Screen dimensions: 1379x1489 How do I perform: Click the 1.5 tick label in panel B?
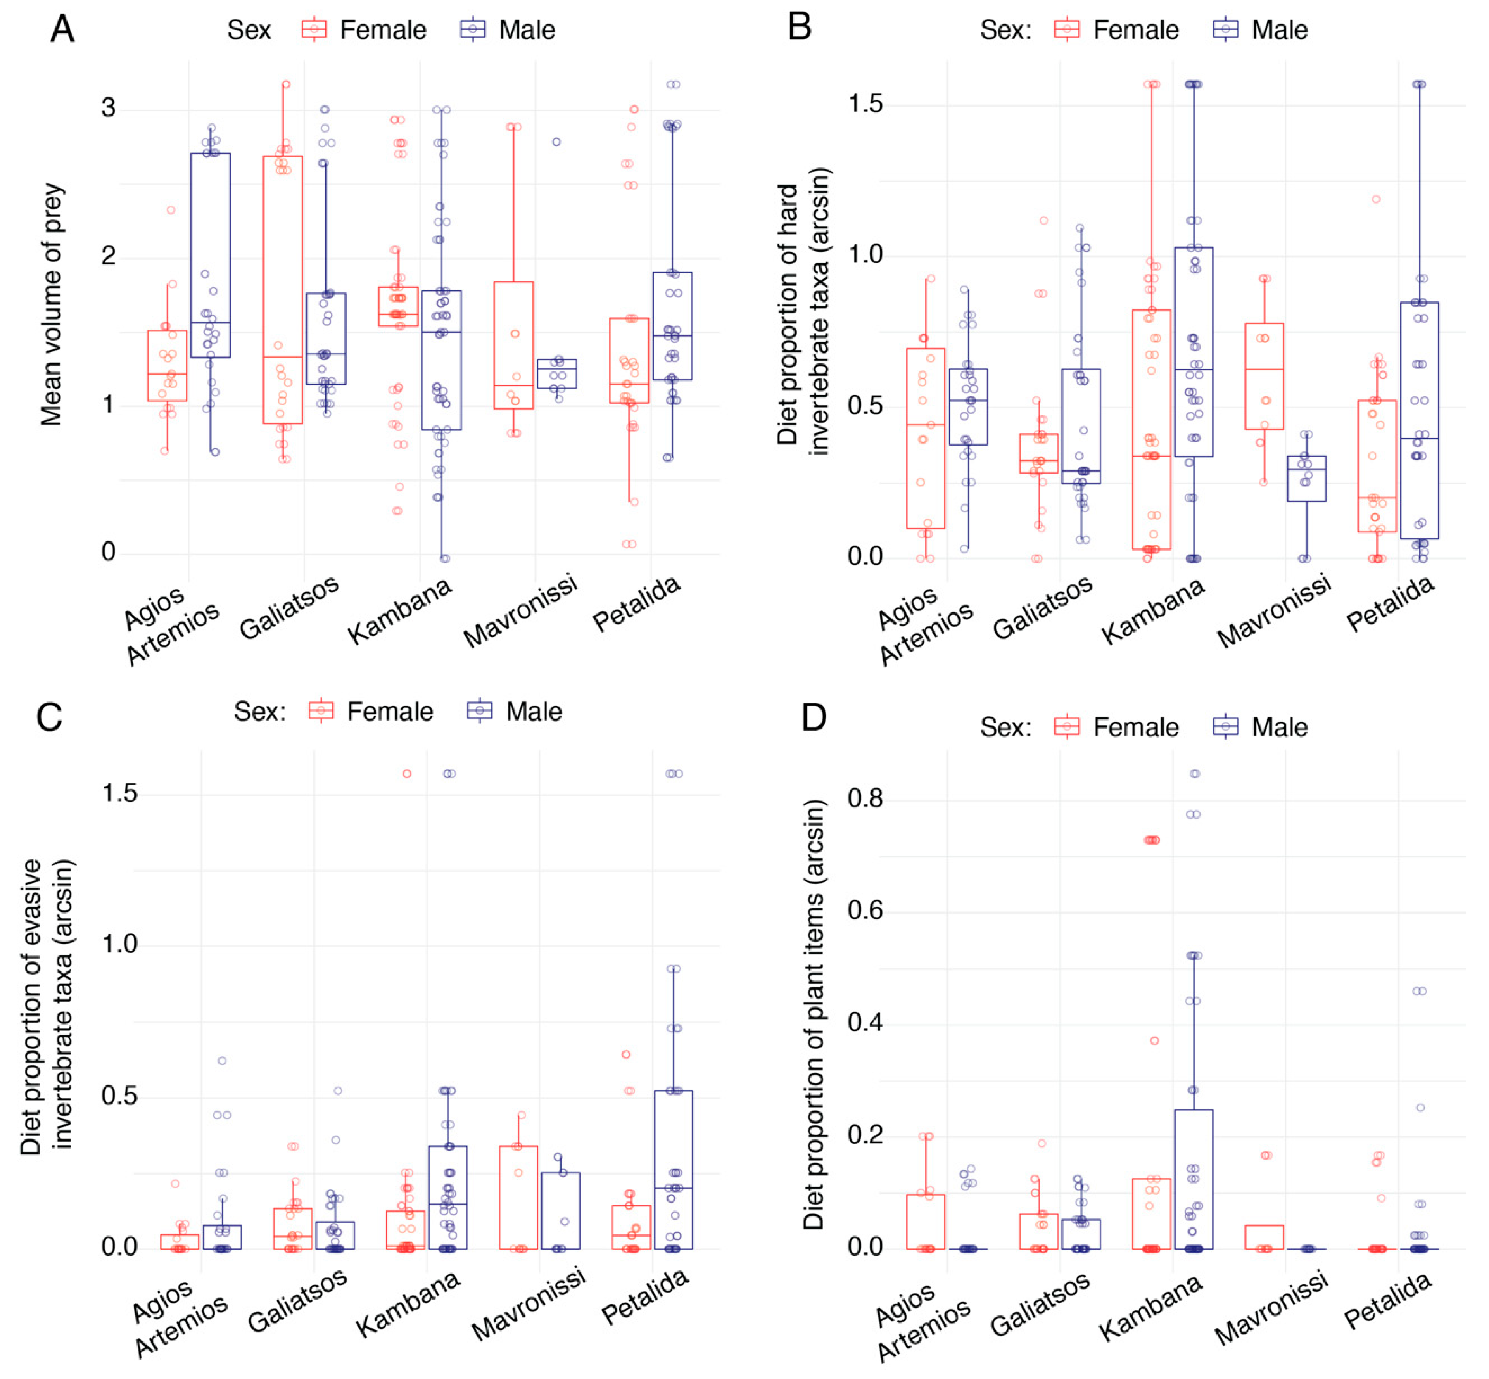pyautogui.click(x=866, y=104)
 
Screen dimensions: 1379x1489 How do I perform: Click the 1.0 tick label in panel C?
pyautogui.click(x=119, y=944)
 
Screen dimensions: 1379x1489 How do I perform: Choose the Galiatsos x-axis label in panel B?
pyautogui.click(x=1042, y=607)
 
